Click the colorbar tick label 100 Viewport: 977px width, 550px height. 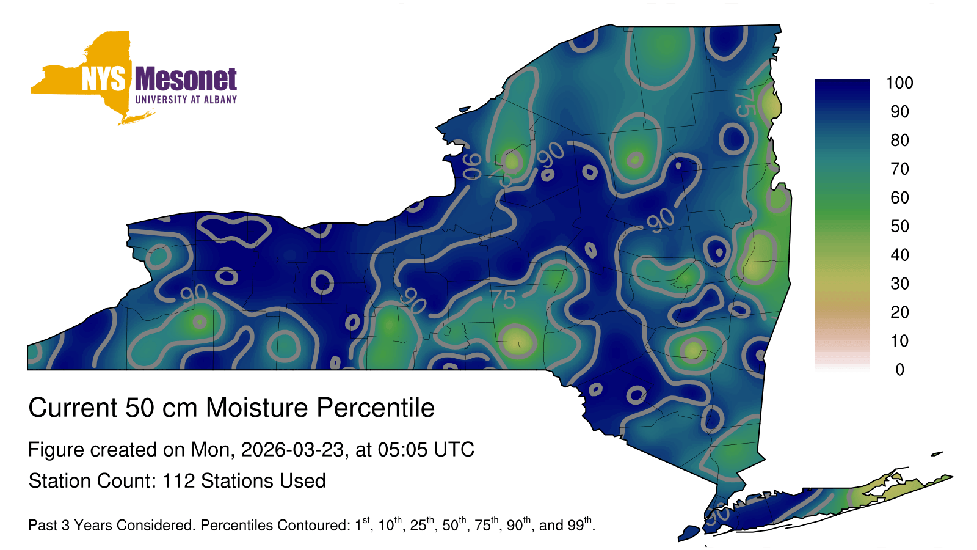899,83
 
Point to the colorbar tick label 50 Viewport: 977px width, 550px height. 899,226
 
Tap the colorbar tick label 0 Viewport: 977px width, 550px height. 899,370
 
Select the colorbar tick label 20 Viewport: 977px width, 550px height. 899,312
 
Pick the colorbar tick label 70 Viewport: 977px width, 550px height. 899,169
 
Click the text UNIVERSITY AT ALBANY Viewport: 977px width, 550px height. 186,100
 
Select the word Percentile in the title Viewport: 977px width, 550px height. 376,408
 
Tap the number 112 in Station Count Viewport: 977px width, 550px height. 178,481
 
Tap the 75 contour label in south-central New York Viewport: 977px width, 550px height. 504,299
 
